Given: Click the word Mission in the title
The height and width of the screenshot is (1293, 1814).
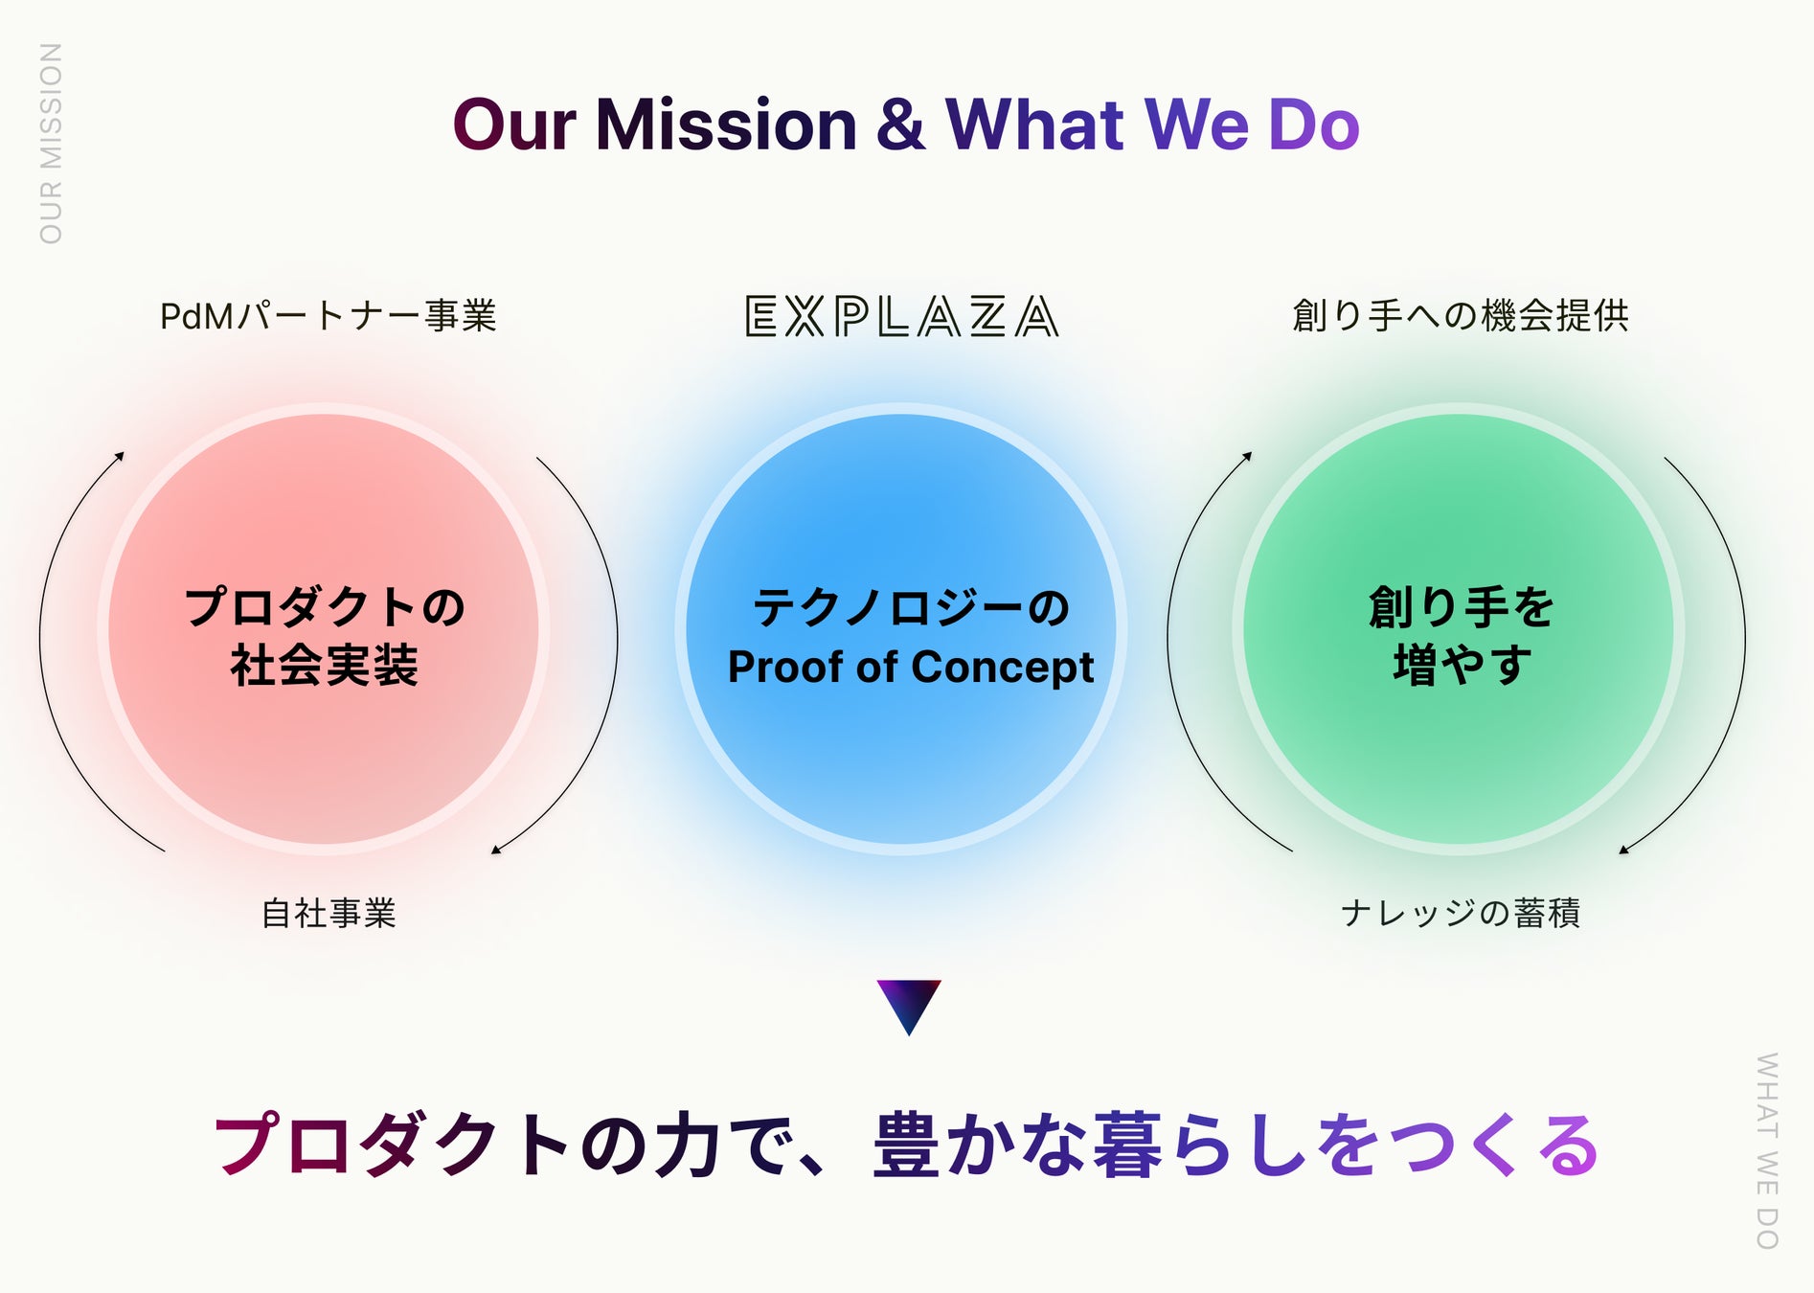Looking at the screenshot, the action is [726, 125].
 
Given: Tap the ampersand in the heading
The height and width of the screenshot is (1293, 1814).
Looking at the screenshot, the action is [900, 125].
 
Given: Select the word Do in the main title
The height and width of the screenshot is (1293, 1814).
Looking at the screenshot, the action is [1313, 125].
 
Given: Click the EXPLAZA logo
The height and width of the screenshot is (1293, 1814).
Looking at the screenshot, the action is [901, 316].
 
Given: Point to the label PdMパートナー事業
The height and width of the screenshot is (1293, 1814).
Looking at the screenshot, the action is [329, 316].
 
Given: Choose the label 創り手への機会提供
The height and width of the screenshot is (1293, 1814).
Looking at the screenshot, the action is [1460, 315].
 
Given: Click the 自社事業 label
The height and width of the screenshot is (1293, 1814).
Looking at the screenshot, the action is [329, 913].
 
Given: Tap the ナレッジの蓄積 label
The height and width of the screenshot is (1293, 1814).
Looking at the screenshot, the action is [1460, 913].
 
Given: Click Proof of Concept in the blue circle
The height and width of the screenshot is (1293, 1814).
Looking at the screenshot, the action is [910, 667].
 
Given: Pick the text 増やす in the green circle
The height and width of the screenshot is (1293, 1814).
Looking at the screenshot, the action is [1462, 666].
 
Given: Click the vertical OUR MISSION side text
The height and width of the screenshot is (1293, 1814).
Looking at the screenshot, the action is [51, 144].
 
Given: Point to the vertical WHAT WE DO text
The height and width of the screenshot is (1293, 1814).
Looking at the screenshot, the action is [1766, 1150].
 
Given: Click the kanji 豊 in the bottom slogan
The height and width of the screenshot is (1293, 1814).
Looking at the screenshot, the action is [906, 1145].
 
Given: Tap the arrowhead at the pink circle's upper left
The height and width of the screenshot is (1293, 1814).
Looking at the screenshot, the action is [120, 456].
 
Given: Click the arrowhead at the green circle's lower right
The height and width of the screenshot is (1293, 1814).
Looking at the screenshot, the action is [1623, 849].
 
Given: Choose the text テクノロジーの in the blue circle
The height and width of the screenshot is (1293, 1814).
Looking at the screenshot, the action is [910, 607].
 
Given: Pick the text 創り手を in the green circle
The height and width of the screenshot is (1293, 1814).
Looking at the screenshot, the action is [1462, 607].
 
